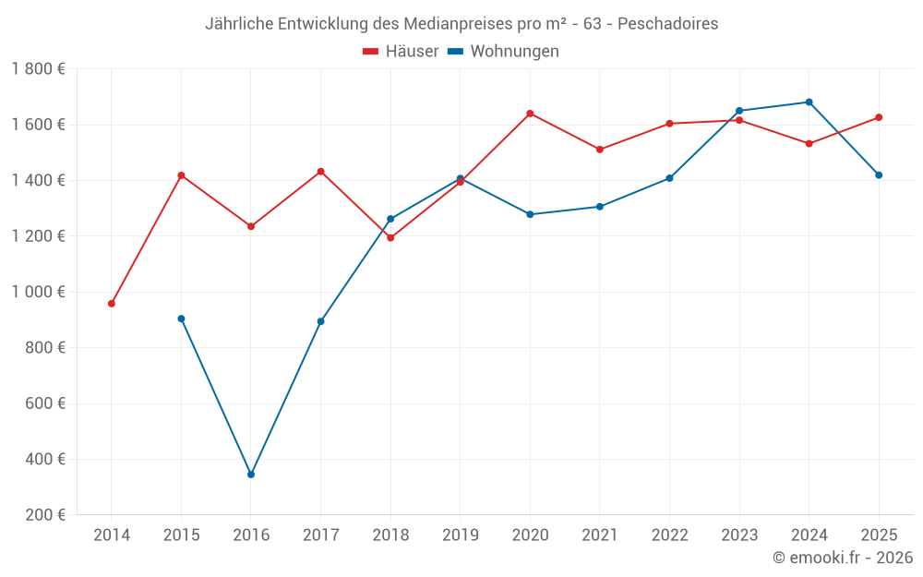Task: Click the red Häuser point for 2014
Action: (112, 304)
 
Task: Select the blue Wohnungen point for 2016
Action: (251, 475)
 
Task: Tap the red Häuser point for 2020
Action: (530, 114)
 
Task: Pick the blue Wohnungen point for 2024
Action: (809, 102)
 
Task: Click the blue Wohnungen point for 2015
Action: (181, 319)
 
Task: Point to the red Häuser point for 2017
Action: (320, 172)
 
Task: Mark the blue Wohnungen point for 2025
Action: (879, 175)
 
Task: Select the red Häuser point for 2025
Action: (879, 117)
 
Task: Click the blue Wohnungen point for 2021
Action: (600, 207)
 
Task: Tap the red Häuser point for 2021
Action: (600, 150)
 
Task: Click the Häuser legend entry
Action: (401, 52)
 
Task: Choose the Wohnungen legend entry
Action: (504, 52)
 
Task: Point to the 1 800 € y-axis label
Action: (38, 69)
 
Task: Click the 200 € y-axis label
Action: (46, 515)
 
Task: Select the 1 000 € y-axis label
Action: (38, 292)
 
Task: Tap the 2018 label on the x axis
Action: (390, 535)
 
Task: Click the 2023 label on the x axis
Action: (738, 535)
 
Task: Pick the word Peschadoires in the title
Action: (667, 24)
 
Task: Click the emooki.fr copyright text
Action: (843, 558)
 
